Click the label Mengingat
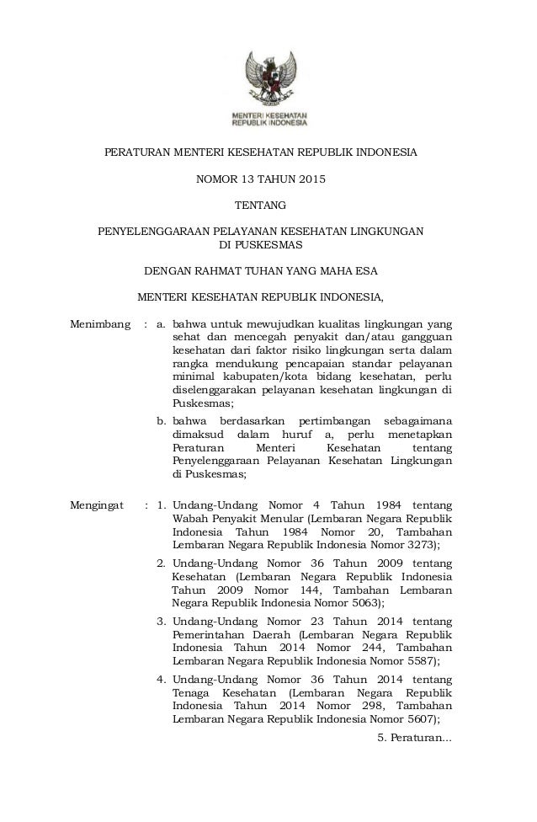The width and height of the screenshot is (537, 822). (x=98, y=505)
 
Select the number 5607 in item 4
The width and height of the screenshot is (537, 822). (x=416, y=718)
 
